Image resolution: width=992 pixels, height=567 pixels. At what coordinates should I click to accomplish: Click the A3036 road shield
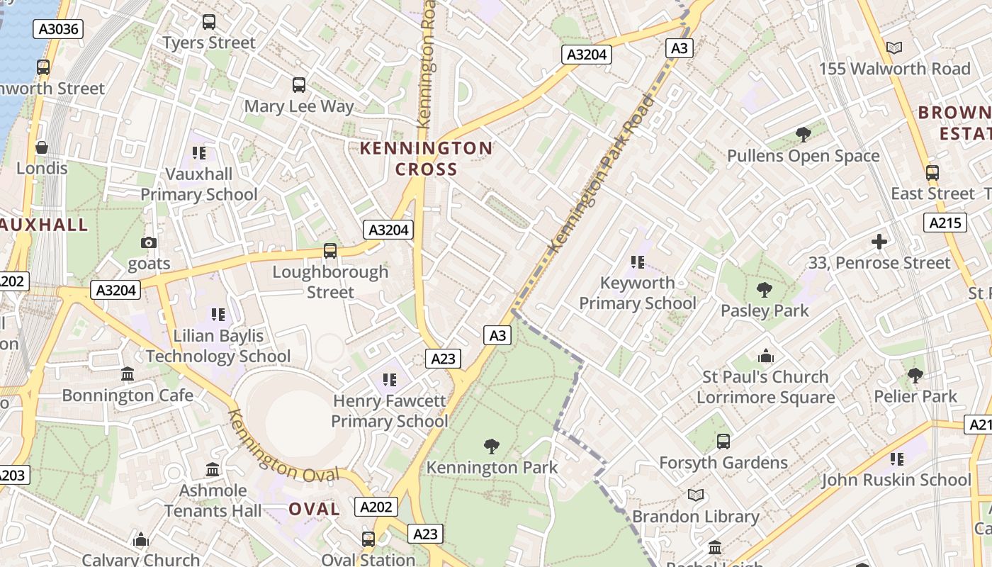click(x=59, y=29)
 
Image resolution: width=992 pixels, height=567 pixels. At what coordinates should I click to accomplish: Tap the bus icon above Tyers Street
click(x=208, y=22)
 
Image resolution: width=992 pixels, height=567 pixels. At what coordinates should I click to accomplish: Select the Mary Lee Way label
click(x=298, y=106)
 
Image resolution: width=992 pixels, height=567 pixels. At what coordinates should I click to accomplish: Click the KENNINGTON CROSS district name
click(x=426, y=159)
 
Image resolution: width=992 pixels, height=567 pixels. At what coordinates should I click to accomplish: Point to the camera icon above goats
click(x=148, y=243)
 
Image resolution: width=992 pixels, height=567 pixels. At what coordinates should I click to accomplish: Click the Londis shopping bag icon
click(x=42, y=147)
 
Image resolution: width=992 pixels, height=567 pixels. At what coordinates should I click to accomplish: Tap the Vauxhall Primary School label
click(x=198, y=184)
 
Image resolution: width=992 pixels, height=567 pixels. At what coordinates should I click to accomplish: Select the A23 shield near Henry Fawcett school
click(x=443, y=359)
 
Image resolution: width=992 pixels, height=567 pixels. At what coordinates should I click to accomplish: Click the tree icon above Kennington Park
click(x=491, y=447)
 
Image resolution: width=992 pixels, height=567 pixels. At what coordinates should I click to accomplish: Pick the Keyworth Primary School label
click(x=638, y=293)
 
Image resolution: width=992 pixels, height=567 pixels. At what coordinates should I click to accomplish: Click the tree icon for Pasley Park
click(x=764, y=289)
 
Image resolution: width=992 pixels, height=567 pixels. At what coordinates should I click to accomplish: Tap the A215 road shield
click(x=945, y=223)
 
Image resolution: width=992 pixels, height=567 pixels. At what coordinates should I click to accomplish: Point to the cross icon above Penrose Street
click(x=879, y=242)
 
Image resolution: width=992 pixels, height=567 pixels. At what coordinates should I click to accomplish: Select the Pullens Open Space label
click(x=803, y=156)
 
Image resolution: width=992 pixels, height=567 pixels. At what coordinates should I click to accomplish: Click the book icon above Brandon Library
click(x=696, y=495)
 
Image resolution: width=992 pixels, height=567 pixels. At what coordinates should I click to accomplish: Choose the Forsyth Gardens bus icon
click(x=723, y=442)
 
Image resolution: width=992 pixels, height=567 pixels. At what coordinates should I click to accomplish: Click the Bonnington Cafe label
click(x=128, y=395)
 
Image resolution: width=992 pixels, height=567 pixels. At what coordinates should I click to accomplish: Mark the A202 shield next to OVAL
click(x=376, y=507)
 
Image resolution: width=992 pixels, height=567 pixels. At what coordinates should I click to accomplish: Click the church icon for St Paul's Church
click(x=765, y=356)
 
